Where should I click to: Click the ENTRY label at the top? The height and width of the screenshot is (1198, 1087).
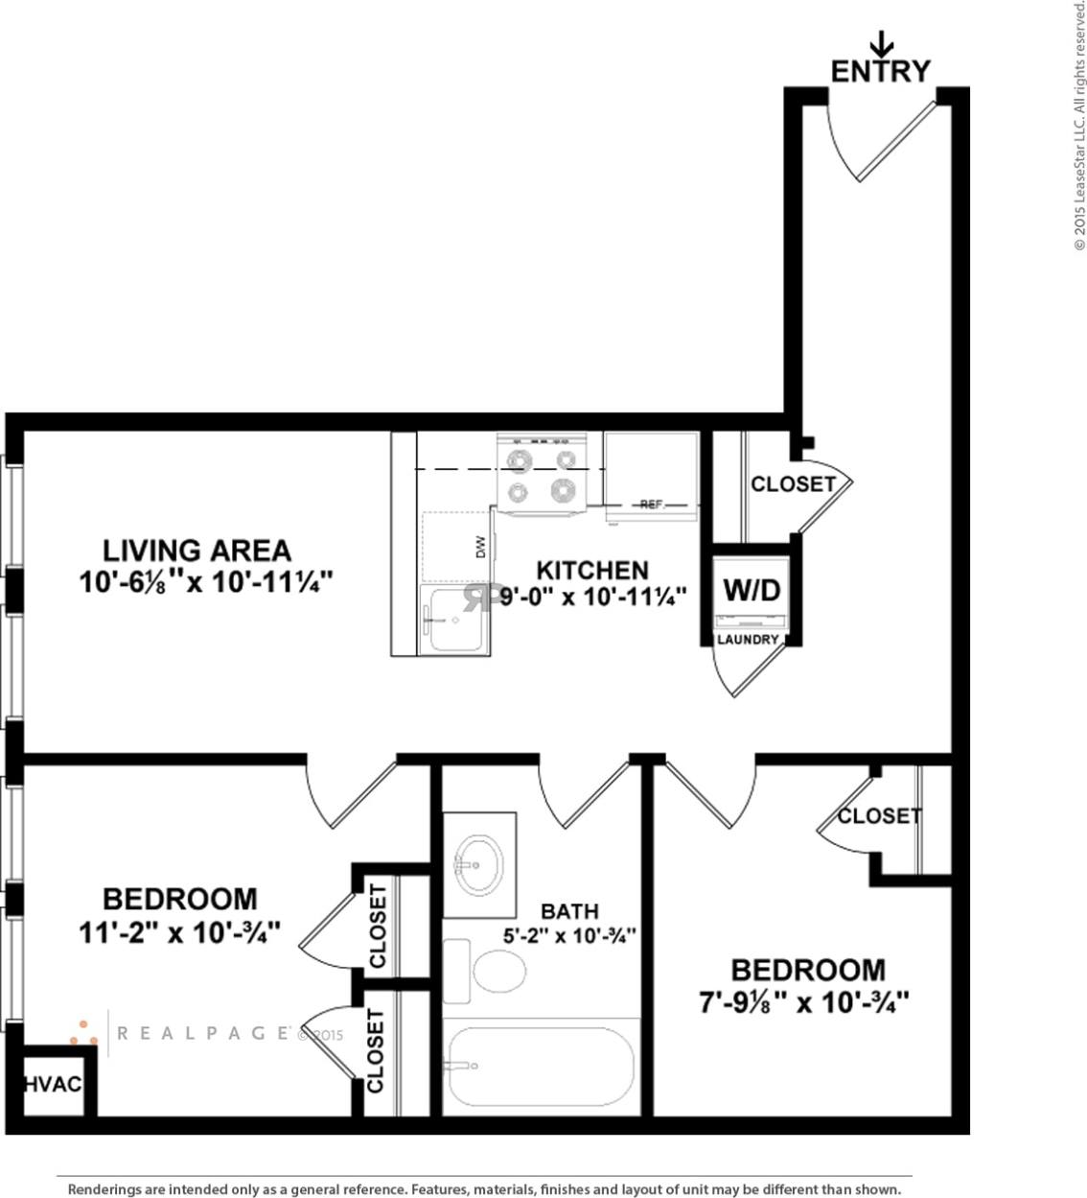(880, 71)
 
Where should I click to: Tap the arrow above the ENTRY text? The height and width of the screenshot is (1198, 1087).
(881, 43)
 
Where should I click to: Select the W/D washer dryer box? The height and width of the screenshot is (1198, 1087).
(752, 590)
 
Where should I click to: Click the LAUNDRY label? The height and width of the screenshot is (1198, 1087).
(748, 640)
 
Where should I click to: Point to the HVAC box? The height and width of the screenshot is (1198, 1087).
(53, 1085)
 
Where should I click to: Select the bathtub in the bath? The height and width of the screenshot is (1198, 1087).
(541, 1067)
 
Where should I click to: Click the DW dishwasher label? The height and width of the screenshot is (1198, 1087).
(481, 547)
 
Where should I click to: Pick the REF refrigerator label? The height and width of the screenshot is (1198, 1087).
(651, 504)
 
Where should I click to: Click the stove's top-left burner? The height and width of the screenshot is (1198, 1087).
(520, 461)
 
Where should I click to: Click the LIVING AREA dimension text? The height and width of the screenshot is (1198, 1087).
(205, 581)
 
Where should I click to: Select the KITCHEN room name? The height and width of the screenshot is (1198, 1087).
(591, 570)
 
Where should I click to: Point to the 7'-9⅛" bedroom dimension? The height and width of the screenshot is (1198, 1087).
(803, 1002)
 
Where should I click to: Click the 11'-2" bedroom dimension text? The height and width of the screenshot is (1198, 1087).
(179, 931)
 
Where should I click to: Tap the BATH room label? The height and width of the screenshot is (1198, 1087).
(569, 911)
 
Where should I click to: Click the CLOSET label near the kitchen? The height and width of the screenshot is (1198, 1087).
(793, 484)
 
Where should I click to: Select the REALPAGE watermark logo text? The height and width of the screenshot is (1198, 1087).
(203, 1033)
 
